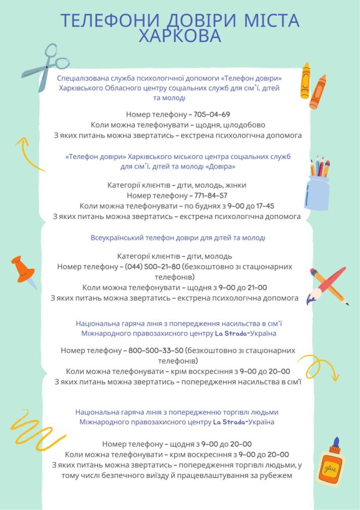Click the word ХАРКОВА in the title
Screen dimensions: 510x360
tap(180, 36)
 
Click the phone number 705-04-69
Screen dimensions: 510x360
tap(213, 114)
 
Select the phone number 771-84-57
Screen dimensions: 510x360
tap(209, 195)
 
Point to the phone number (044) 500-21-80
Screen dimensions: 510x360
tap(153, 266)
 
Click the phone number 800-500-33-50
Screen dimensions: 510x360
tap(156, 350)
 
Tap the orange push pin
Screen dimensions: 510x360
tap(24, 271)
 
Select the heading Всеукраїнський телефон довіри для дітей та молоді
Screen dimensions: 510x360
tap(178, 238)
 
